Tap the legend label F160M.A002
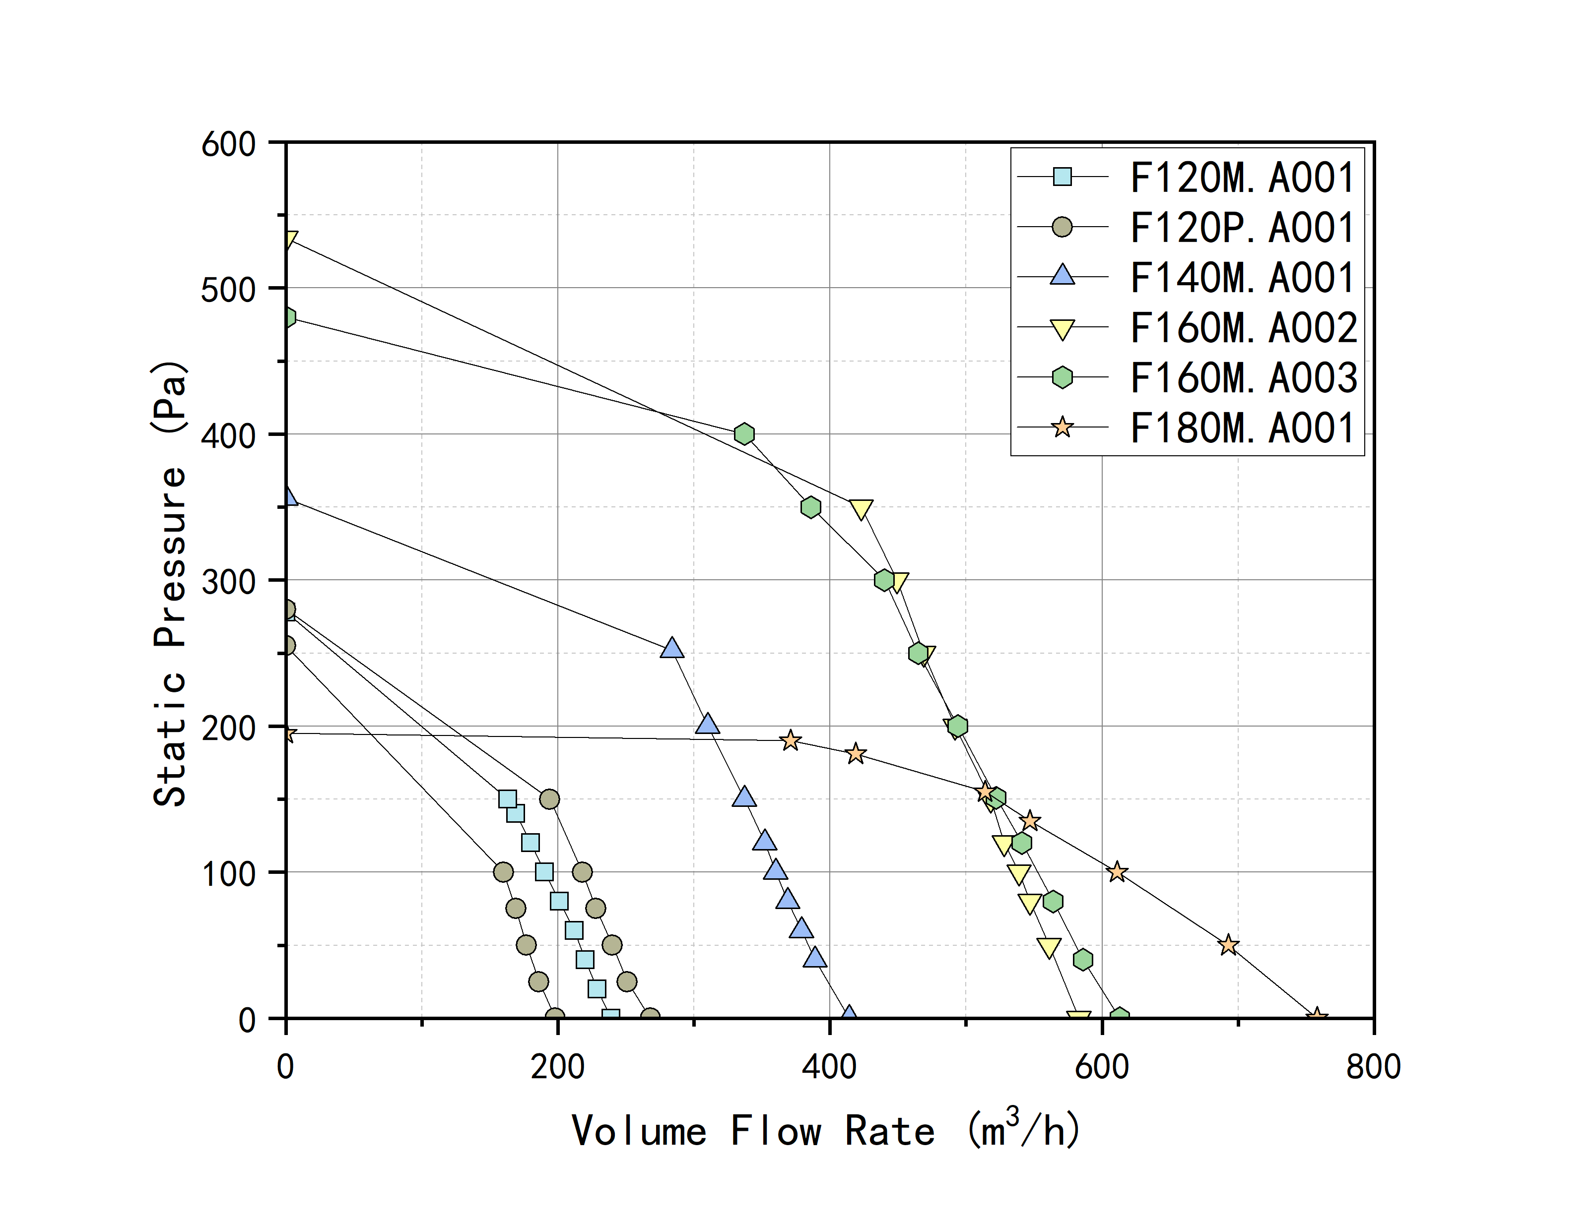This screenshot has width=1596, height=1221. tap(1243, 328)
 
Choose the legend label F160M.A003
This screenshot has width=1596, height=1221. tap(1243, 378)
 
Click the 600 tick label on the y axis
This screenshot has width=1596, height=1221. tap(228, 144)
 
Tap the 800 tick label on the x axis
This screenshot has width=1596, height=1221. tap(1373, 1067)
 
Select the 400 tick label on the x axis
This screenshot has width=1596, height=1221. tap(829, 1067)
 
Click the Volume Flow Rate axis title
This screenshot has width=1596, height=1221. tap(826, 1130)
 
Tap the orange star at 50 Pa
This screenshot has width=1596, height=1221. tap(1228, 945)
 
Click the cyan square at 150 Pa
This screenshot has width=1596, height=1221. tap(508, 799)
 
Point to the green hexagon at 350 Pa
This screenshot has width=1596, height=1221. tap(811, 507)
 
